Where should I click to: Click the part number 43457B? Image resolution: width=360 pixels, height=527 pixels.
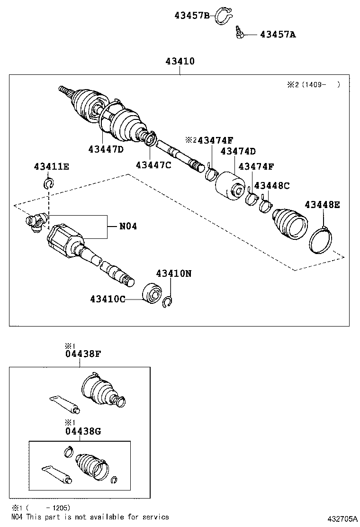tap(192, 15)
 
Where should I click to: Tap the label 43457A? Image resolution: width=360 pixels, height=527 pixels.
tap(278, 34)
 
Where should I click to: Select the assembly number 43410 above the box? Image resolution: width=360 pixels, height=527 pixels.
tap(180, 61)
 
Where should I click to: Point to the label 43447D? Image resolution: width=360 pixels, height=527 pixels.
tap(106, 149)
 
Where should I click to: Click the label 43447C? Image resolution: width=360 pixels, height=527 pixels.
tap(153, 165)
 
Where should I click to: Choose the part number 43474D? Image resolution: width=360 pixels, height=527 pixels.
tap(238, 151)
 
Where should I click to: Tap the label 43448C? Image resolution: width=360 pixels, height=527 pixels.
tap(272, 185)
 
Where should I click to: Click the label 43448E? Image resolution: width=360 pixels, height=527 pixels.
tap(323, 205)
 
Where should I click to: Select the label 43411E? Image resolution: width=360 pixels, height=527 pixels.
tap(51, 166)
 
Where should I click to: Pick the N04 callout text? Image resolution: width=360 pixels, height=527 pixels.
tap(128, 226)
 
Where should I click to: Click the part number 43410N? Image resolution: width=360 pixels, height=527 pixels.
tap(174, 273)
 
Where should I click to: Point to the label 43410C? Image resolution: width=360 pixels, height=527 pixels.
tap(108, 299)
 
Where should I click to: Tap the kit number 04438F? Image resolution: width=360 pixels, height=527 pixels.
tap(83, 354)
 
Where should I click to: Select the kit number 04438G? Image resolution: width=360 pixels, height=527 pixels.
tap(83, 431)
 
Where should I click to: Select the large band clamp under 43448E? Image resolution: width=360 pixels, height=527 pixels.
tap(321, 240)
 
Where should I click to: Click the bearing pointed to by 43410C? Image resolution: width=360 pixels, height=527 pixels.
tap(152, 293)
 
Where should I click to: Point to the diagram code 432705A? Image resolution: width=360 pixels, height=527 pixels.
tap(342, 519)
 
